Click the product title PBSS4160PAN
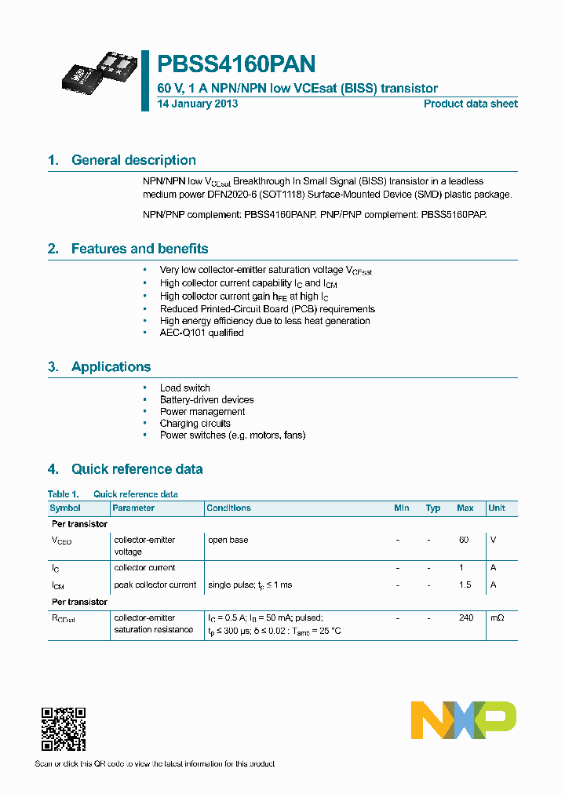237,64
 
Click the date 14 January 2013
198,104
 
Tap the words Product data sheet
470,104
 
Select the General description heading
133,160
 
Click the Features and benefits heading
140,249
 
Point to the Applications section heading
111,366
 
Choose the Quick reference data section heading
137,469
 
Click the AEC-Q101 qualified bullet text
202,333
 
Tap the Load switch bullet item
184,388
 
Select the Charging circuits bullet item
195,423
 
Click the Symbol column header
65,508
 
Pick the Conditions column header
228,508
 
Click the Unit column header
496,508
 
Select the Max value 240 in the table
466,617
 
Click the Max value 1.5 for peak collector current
465,585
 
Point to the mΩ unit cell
497,617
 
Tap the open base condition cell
228,540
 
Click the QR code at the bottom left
63,729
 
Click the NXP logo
464,719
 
